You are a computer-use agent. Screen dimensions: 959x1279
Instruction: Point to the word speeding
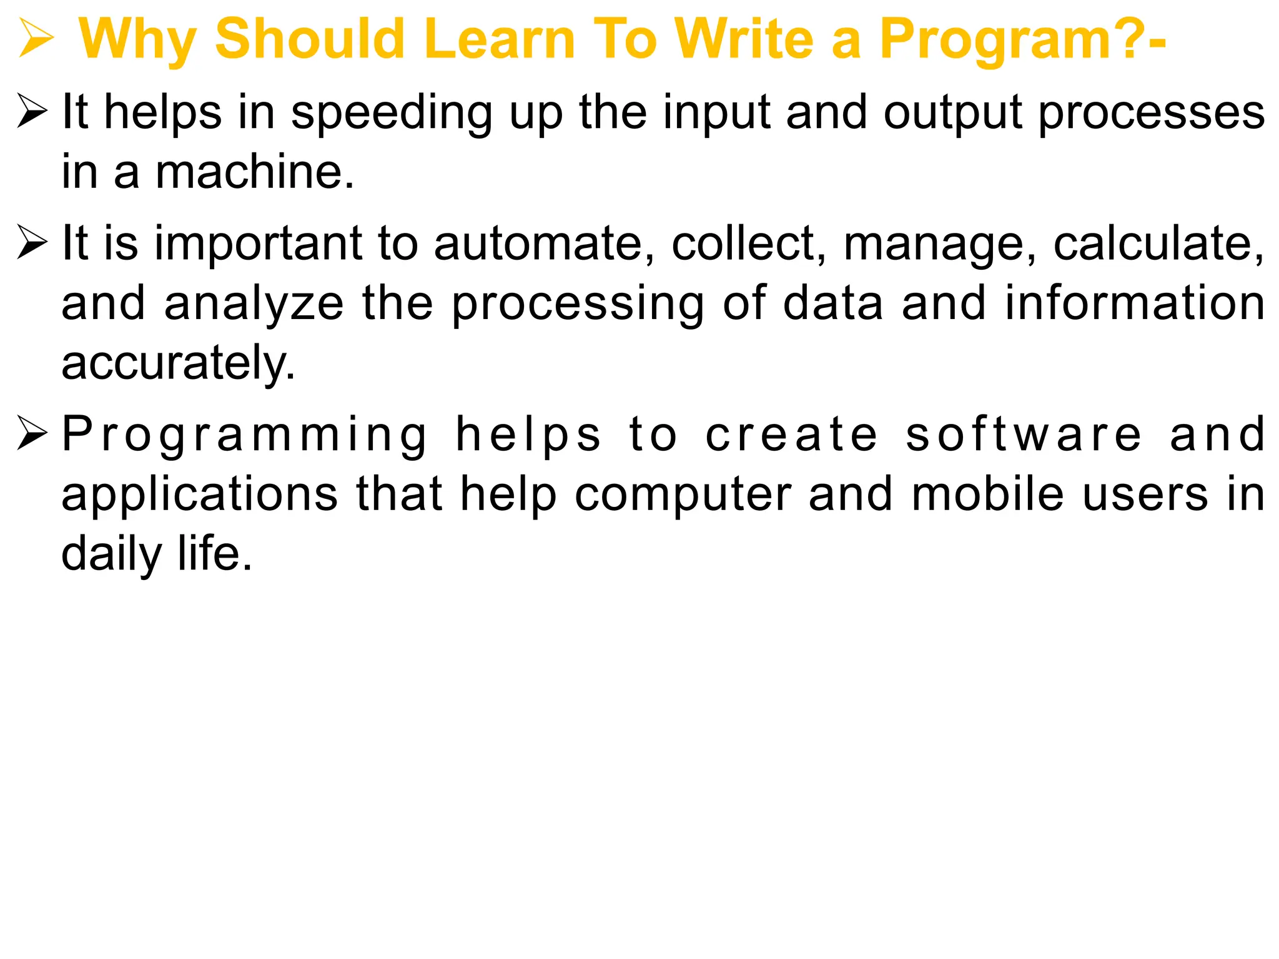pyautogui.click(x=392, y=114)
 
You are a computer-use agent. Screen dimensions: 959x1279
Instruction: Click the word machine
pyautogui.click(x=254, y=172)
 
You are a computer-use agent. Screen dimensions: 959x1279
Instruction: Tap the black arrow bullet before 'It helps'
pyautogui.click(x=32, y=112)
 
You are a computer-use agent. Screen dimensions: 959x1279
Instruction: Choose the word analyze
pyautogui.click(x=254, y=304)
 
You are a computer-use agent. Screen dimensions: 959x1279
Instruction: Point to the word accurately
pyautogui.click(x=178, y=363)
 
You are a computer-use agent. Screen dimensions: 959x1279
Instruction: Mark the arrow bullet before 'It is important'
pyautogui.click(x=32, y=243)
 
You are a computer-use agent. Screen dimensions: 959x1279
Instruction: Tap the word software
pyautogui.click(x=1024, y=435)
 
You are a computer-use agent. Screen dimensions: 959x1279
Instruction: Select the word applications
pyautogui.click(x=200, y=494)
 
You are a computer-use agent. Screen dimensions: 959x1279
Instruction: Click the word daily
pyautogui.click(x=112, y=554)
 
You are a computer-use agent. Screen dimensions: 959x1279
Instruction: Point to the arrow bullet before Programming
pyautogui.click(x=32, y=433)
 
